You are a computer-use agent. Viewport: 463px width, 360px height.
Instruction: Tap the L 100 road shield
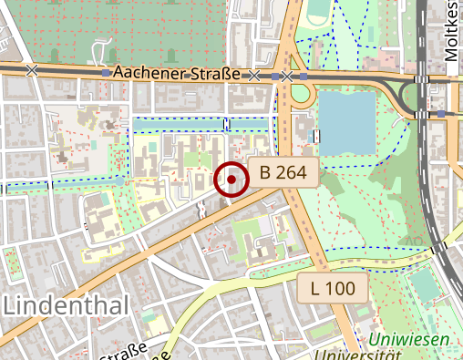(333, 290)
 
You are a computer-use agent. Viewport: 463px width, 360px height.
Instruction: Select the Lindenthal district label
(66, 306)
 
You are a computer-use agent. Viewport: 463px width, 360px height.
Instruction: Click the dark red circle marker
(231, 179)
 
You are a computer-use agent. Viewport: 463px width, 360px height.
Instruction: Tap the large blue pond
(347, 123)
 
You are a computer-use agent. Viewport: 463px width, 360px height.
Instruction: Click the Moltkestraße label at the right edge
(454, 32)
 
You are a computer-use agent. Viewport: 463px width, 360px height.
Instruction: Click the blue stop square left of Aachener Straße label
(108, 71)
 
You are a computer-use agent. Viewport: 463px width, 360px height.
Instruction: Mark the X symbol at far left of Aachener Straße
(33, 69)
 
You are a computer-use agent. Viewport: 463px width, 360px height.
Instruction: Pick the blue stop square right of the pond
(441, 114)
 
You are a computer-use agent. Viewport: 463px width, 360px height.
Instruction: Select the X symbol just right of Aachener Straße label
(254, 75)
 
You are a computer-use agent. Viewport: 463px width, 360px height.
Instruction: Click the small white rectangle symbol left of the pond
(317, 137)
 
